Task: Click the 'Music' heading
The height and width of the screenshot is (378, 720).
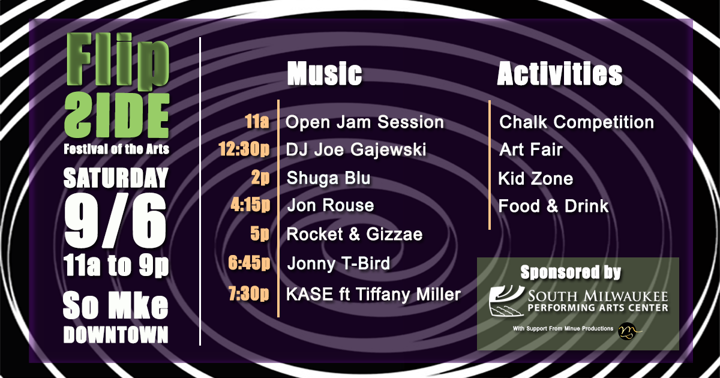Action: click(325, 74)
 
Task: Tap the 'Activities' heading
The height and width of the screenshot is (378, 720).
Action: click(560, 74)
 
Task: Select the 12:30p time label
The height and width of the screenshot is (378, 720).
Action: click(244, 150)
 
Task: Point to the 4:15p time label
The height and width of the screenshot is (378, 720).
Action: click(250, 205)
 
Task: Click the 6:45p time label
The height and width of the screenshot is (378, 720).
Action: click(249, 263)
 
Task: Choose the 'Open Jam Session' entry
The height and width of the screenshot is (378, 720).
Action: click(365, 122)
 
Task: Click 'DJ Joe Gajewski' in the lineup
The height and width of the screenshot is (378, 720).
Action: click(356, 150)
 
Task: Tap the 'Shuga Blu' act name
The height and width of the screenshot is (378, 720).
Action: click(328, 178)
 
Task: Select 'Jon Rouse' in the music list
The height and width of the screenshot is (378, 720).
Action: click(331, 205)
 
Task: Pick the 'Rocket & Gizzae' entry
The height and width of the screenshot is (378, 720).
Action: click(354, 234)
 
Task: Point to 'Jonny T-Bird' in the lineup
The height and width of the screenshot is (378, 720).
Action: click(338, 263)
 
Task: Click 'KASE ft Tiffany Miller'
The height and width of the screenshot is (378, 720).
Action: click(373, 295)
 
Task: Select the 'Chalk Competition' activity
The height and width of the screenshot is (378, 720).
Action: click(577, 122)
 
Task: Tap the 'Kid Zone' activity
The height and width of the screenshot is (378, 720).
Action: click(535, 179)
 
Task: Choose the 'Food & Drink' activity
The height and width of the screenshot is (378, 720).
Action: click(553, 206)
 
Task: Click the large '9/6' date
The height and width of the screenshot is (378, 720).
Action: click(115, 221)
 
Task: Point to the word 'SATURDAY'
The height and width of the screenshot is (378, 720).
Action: click(116, 178)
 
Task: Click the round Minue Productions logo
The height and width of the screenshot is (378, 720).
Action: click(628, 331)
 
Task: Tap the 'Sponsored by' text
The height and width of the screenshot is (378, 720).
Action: click(571, 272)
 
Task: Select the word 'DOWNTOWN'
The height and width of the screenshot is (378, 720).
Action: click(116, 335)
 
